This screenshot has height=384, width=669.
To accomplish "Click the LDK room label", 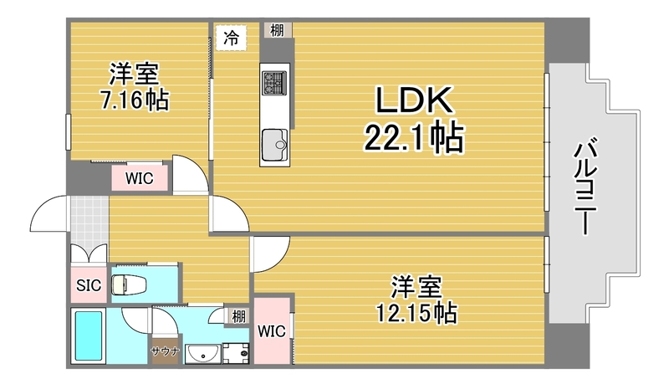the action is pyautogui.click(x=413, y=100).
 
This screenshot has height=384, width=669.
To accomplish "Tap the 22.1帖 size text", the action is pyautogui.click(x=413, y=137).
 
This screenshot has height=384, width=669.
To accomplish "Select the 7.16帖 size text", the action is pyautogui.click(x=135, y=100).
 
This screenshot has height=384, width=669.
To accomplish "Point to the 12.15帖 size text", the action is pyautogui.click(x=416, y=313).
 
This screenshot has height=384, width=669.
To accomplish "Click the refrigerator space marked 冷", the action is pyautogui.click(x=232, y=38).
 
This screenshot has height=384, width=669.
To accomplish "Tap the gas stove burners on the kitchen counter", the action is pyautogui.click(x=273, y=82).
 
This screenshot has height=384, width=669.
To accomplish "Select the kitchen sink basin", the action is pyautogui.click(x=274, y=145).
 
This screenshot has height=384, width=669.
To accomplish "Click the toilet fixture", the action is pyautogui.click(x=129, y=284).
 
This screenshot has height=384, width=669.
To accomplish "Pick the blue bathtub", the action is pyautogui.click(x=89, y=335).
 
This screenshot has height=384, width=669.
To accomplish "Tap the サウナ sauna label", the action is pyautogui.click(x=165, y=351).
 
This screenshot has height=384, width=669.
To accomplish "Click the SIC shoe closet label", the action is pyautogui.click(x=89, y=285).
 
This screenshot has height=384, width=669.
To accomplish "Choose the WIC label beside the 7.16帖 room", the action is pyautogui.click(x=139, y=178).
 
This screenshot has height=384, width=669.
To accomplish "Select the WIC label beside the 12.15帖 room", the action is pyautogui.click(x=271, y=330).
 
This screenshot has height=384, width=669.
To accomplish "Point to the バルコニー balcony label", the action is pyautogui.click(x=585, y=187).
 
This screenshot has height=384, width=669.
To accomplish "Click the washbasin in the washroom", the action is pyautogui.click(x=203, y=353).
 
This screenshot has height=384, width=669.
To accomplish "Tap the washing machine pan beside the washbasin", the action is pyautogui.click(x=236, y=353).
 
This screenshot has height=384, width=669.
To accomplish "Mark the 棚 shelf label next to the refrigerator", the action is pyautogui.click(x=277, y=30).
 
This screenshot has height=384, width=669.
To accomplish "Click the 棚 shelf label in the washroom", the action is pyautogui.click(x=238, y=316).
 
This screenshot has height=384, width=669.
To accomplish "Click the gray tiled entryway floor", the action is pyautogui.click(x=89, y=221).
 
